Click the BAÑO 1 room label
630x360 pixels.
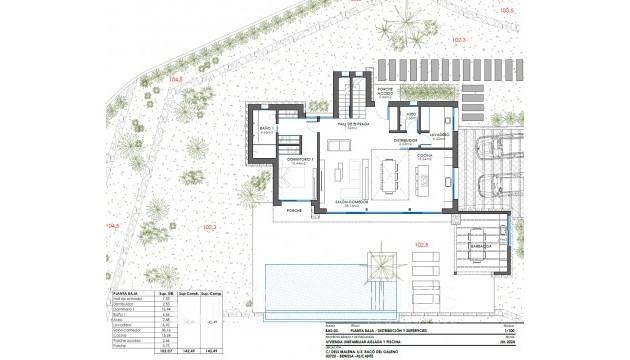click(262, 131)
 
